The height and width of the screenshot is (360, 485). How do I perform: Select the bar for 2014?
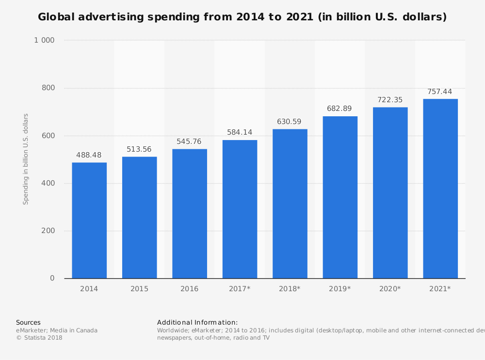click(89, 220)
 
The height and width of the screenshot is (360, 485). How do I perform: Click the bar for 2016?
click(190, 214)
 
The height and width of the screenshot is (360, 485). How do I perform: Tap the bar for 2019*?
click(340, 197)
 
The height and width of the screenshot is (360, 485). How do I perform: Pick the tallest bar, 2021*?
click(440, 188)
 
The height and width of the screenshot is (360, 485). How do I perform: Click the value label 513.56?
click(139, 149)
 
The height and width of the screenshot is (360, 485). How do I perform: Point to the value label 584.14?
click(240, 132)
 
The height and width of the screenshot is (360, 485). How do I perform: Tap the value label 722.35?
click(390, 99)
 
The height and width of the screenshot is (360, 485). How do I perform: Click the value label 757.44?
click(440, 91)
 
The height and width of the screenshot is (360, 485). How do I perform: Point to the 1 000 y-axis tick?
click(44, 40)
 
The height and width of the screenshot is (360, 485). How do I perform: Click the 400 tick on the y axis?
click(48, 183)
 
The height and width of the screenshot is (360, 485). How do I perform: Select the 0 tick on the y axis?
click(52, 278)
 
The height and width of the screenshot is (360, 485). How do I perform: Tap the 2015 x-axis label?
click(139, 289)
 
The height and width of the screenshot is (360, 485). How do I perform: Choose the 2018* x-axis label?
click(290, 289)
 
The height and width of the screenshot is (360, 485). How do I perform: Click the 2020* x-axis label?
click(390, 289)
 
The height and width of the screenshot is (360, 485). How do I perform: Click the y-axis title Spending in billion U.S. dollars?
click(26, 159)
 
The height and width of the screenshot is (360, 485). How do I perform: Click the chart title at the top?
click(242, 17)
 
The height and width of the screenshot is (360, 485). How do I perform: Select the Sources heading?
click(28, 322)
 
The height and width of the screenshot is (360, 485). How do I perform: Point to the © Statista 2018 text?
click(39, 338)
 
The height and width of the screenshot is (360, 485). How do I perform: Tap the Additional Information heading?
click(197, 322)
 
